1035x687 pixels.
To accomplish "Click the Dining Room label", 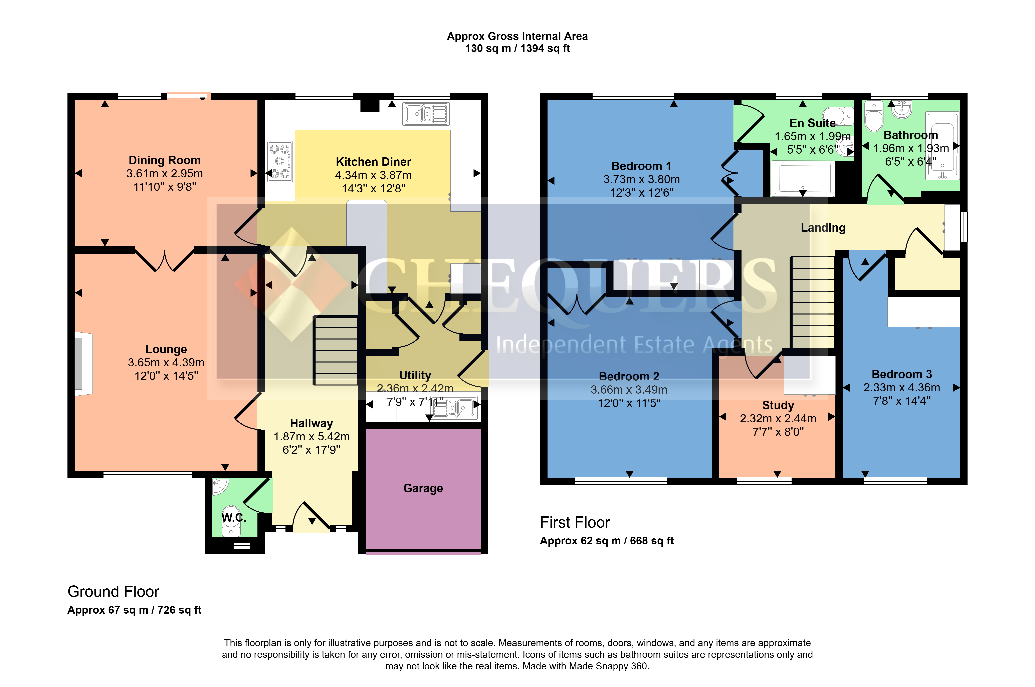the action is click(x=165, y=160).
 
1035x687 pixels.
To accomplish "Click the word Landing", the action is click(x=823, y=228).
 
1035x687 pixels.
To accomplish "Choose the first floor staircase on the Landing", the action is click(x=812, y=302).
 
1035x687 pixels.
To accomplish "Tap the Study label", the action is click(x=778, y=405).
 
